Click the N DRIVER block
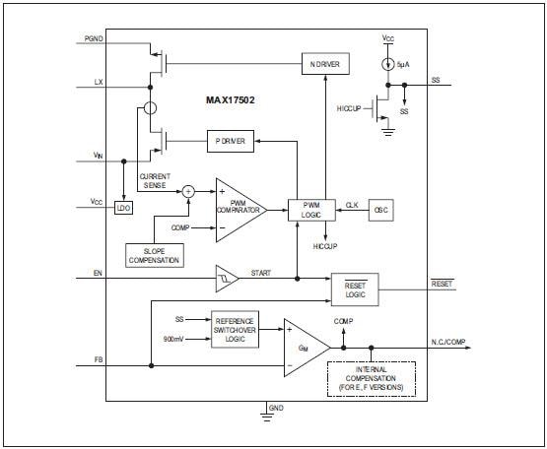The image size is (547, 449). (x=330, y=65)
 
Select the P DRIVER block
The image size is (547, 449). (x=231, y=141)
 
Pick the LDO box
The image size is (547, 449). (x=123, y=208)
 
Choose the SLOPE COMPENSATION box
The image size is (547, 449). (x=155, y=254)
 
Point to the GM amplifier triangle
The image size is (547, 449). (x=302, y=348)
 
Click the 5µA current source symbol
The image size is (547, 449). (x=388, y=66)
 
